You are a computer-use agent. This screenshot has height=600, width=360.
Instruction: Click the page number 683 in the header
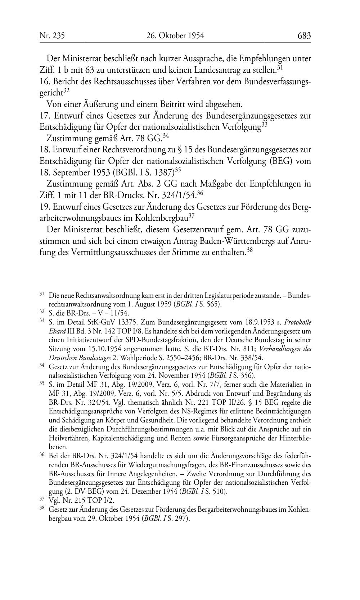click(x=304, y=36)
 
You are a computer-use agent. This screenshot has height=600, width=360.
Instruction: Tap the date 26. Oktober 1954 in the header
click(x=175, y=36)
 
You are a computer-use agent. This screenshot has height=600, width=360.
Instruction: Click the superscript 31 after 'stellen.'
click(x=280, y=67)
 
